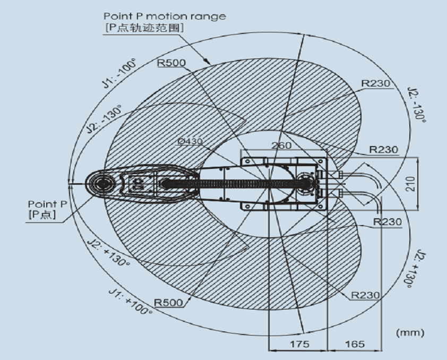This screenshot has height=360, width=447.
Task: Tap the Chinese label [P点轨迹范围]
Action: tap(144, 28)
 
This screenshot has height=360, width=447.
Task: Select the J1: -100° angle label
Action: tap(119, 73)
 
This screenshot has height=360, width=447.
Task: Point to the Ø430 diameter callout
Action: tap(190, 141)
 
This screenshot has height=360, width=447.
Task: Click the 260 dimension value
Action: tap(281, 145)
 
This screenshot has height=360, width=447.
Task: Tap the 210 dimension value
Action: tap(410, 184)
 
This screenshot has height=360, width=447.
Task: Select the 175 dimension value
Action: tap(299, 344)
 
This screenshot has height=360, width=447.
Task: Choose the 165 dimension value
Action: tap(355, 344)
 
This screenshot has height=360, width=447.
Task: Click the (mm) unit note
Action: tap(410, 332)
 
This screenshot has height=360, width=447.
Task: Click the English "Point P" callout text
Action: tap(47, 204)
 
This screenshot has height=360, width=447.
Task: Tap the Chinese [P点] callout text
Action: tap(42, 215)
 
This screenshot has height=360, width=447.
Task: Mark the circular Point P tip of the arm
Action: tap(102, 184)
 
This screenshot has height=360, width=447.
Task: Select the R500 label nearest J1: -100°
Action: tap(171, 63)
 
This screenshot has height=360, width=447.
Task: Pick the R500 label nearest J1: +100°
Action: tap(168, 303)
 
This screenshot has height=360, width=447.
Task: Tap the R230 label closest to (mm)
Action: tap(365, 295)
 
